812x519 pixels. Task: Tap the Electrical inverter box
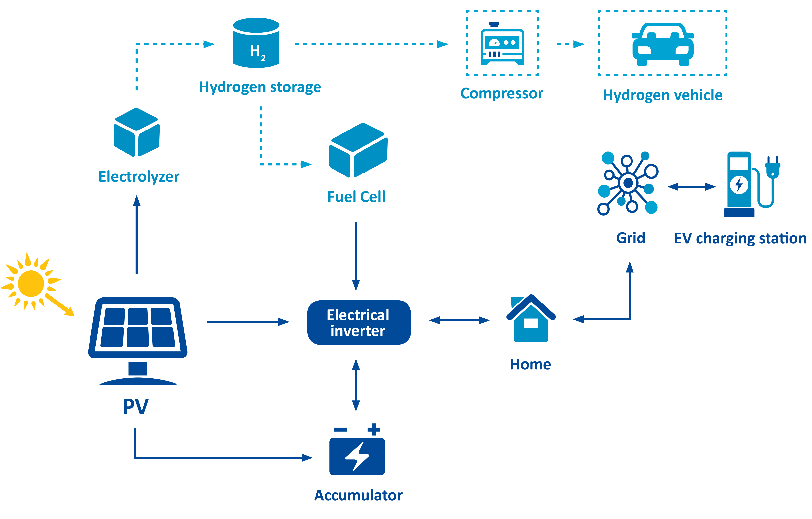359,322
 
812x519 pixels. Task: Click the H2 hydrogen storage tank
256,43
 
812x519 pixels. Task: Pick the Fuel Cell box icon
358,150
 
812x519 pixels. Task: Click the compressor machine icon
502,44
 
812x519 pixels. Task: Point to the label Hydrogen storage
260,87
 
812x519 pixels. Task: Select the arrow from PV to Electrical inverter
248,322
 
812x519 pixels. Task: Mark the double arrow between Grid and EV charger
691,186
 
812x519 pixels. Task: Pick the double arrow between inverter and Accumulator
356,385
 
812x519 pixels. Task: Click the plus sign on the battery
374,429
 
